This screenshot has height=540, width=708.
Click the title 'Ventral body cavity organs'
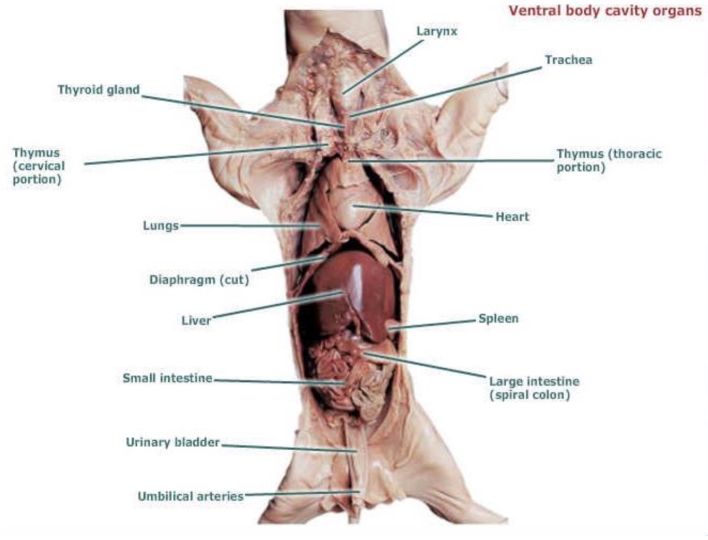click(x=605, y=11)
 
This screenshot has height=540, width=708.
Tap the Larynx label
click(x=436, y=31)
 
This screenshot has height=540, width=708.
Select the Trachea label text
click(x=568, y=60)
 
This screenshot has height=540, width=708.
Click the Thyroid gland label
click(x=99, y=90)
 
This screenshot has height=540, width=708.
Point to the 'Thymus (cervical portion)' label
click(x=38, y=166)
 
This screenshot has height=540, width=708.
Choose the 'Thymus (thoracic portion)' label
click(x=609, y=160)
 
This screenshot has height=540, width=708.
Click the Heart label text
click(x=512, y=217)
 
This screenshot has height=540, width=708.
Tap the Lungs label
click(x=160, y=226)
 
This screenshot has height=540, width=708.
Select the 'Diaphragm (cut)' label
click(x=199, y=279)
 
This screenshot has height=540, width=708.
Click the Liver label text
click(x=196, y=320)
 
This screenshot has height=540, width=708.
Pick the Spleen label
click(x=498, y=319)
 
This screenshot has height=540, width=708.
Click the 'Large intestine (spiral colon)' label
click(x=534, y=388)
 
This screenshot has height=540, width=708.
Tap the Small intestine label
click(x=167, y=378)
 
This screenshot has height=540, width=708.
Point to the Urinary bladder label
click(x=172, y=442)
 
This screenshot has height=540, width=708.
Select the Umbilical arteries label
click(x=191, y=496)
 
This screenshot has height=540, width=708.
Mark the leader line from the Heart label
click(x=425, y=211)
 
